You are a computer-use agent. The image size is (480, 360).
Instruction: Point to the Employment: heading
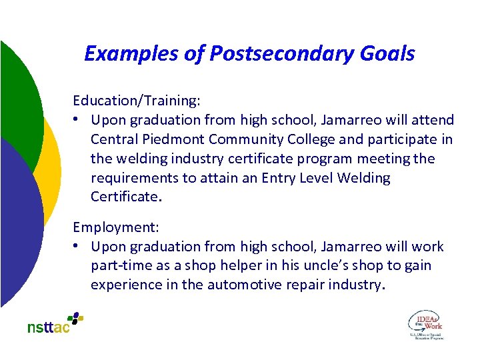point(111,227)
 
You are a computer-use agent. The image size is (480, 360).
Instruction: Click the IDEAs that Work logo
point(425,324)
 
